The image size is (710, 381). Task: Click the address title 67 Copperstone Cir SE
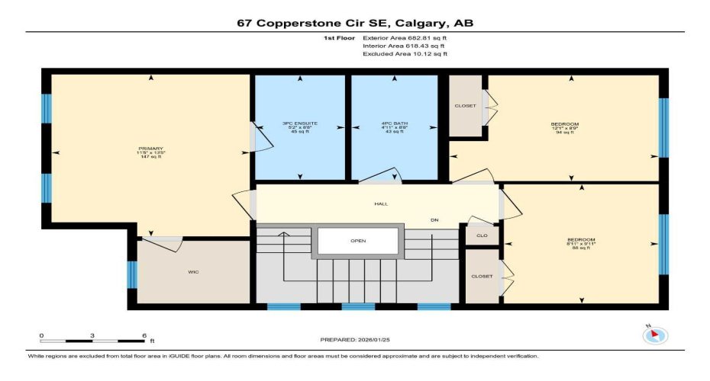point(355,23)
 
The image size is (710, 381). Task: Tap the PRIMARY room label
point(151,149)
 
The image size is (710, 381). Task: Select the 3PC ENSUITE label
point(300,123)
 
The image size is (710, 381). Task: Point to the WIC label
point(193,271)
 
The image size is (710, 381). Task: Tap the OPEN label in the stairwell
point(359,241)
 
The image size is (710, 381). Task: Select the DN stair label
point(434,220)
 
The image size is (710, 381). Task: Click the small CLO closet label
point(482,236)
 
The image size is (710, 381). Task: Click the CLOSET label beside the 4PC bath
point(465,106)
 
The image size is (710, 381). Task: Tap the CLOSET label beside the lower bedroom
point(482,276)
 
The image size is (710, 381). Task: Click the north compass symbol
point(656,335)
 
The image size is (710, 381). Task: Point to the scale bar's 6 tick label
point(144,336)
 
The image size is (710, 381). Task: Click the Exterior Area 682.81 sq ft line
point(405,37)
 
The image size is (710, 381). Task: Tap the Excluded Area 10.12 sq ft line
point(405,54)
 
